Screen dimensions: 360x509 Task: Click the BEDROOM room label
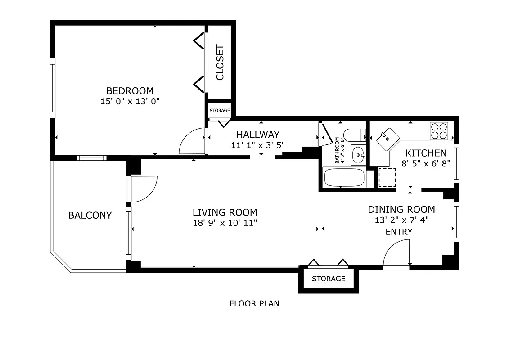(x=130, y=91)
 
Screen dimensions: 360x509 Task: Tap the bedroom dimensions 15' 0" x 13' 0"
(x=130, y=102)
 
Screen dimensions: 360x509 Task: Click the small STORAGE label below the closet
(x=220, y=111)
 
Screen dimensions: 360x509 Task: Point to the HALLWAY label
(x=258, y=135)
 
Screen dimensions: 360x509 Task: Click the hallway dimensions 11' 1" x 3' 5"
(x=258, y=145)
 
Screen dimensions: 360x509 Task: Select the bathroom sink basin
(x=359, y=155)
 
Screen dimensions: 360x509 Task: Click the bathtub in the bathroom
(x=345, y=177)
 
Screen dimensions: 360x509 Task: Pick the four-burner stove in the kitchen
(x=439, y=130)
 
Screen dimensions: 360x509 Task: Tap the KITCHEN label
(x=426, y=153)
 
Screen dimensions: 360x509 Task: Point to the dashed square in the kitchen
(x=387, y=177)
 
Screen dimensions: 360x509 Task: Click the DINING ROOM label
(x=401, y=209)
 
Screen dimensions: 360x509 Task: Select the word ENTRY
(x=399, y=232)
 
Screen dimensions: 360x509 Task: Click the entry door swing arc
(x=396, y=254)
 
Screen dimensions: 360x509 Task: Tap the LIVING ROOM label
(x=225, y=212)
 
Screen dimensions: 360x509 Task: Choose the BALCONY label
(x=90, y=215)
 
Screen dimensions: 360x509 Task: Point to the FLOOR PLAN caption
(x=254, y=303)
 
